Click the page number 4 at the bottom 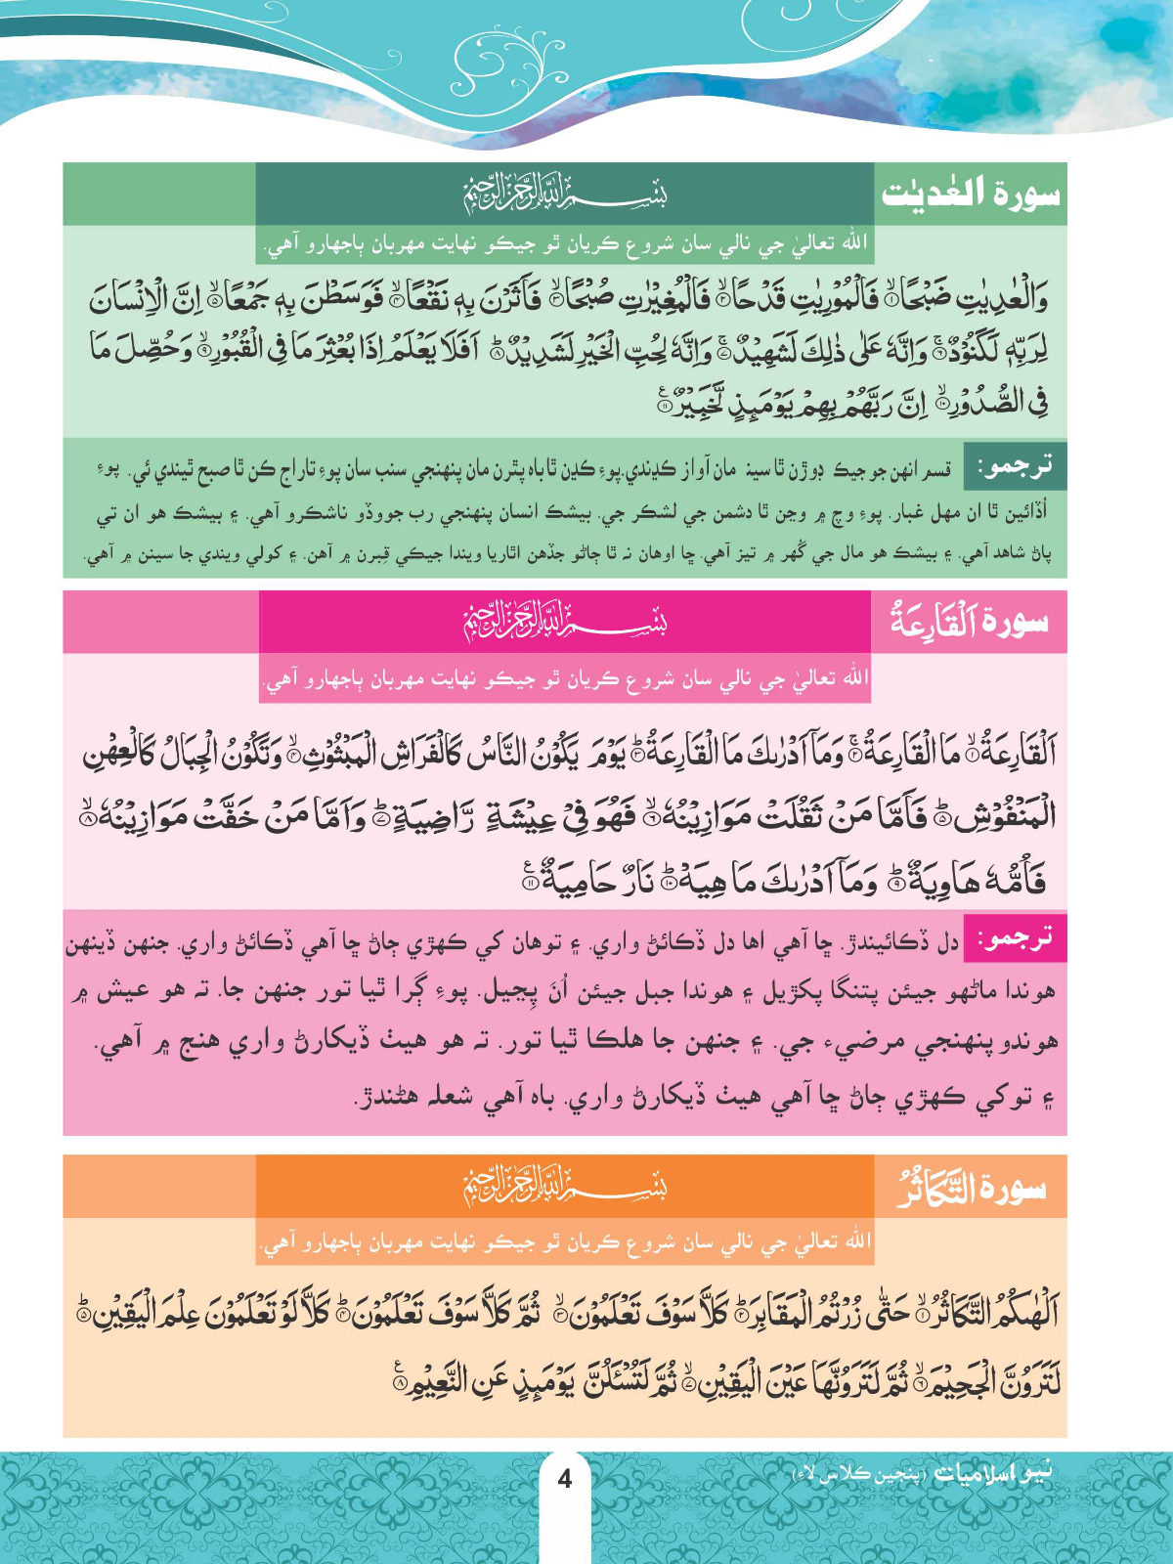(x=564, y=1478)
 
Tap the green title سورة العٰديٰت (x=970, y=194)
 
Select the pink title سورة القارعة (x=968, y=622)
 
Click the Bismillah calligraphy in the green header (x=565, y=194)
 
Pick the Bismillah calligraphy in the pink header (x=565, y=622)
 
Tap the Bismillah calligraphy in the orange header (x=565, y=1187)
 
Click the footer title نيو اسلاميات (x=993, y=1472)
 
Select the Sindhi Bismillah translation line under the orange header (x=565, y=1241)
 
